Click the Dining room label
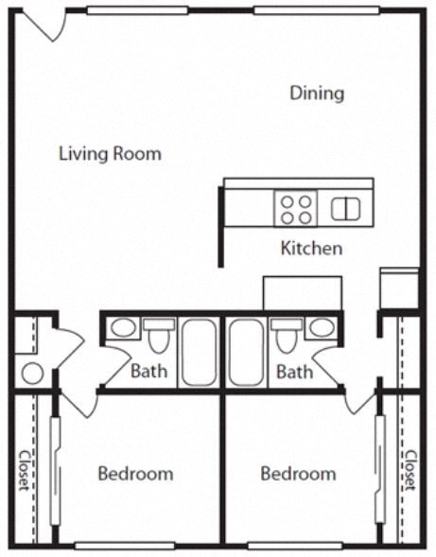[x=317, y=94]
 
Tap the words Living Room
[x=110, y=153]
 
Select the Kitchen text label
[x=311, y=249]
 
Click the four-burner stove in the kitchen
[x=295, y=208]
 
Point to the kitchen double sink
[x=345, y=208]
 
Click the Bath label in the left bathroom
[x=148, y=371]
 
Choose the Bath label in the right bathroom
[x=294, y=371]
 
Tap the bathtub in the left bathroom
[x=199, y=352]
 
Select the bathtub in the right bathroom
[x=246, y=352]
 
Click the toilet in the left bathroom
[x=159, y=337]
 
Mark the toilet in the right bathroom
[x=285, y=337]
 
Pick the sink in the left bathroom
[x=123, y=328]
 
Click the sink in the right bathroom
[x=321, y=328]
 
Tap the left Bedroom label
[x=135, y=473]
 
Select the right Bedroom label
[x=298, y=473]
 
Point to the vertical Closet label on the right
[x=410, y=470]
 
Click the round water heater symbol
[x=32, y=373]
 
